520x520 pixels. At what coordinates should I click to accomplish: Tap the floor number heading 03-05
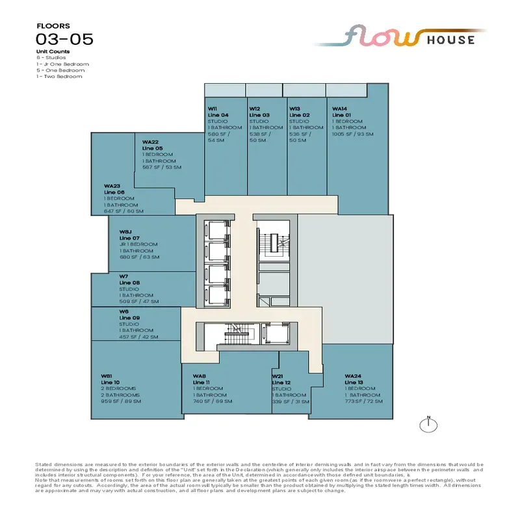(x=65, y=38)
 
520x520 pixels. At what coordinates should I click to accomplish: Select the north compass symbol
(x=428, y=425)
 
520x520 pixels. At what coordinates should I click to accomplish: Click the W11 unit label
(x=212, y=109)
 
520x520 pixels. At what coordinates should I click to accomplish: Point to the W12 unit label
(x=255, y=109)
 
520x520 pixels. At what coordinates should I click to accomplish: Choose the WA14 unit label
(x=341, y=109)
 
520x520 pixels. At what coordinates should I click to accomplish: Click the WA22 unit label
(x=151, y=142)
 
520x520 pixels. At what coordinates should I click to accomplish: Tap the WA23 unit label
(x=112, y=186)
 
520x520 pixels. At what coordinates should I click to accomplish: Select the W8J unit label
(x=125, y=231)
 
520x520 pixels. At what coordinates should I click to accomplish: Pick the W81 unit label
(x=107, y=376)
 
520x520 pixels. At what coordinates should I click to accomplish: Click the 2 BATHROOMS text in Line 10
(x=120, y=395)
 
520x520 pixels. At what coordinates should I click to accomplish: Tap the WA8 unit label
(x=200, y=376)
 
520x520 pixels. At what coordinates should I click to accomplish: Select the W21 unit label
(x=278, y=376)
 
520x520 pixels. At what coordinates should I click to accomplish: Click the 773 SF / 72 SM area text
(x=363, y=401)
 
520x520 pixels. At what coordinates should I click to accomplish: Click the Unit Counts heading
(x=53, y=51)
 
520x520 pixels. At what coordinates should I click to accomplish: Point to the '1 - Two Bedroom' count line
(x=59, y=77)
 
